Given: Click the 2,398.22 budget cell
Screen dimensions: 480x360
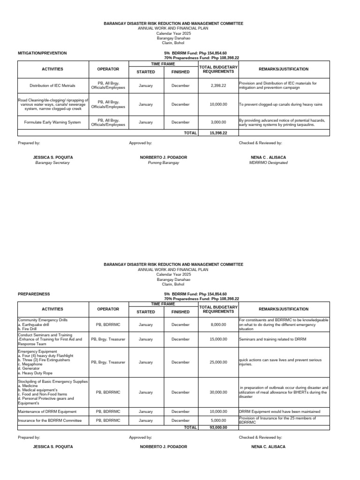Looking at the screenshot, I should coord(218,86).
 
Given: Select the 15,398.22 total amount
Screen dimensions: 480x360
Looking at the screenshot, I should coord(218,133).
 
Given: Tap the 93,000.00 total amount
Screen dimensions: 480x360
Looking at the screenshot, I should coord(218,427).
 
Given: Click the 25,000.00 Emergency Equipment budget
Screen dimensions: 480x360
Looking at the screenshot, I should coord(218,362).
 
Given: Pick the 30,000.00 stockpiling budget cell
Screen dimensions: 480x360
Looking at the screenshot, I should coord(218,392).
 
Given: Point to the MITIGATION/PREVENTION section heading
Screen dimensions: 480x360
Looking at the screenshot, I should coord(42,53).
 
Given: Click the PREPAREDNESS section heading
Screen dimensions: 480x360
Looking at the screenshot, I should coord(34,294).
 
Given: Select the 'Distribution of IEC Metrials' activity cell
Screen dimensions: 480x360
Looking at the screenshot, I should coord(52,86).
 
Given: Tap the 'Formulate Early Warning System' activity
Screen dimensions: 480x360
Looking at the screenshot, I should coord(52,122).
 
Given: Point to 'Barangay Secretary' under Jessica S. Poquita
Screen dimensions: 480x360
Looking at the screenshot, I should coord(52,163).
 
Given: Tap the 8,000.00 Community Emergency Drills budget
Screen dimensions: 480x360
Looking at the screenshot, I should coord(218,324).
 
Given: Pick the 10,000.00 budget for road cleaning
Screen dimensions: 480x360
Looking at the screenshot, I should coord(218,104).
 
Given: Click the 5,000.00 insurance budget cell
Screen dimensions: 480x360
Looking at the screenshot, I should coord(218,420).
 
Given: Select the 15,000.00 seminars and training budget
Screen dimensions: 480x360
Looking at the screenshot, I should coord(218,339).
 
